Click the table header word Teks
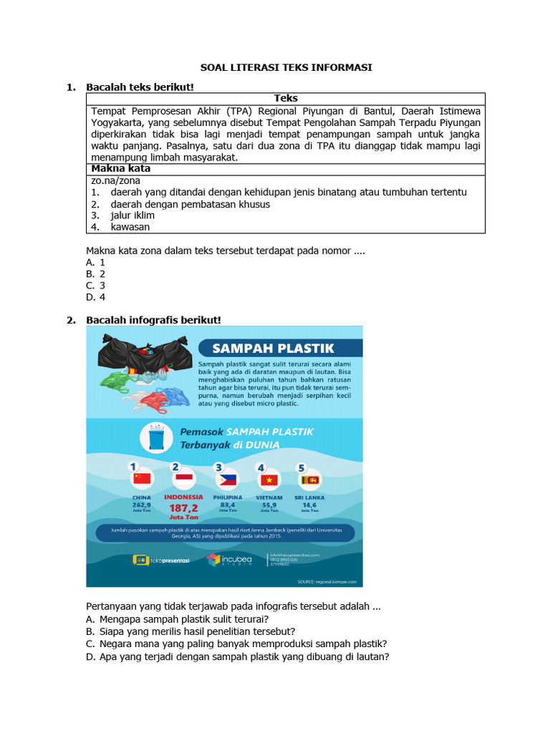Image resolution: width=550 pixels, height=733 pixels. (x=286, y=99)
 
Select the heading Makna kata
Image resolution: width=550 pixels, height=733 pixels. (x=120, y=169)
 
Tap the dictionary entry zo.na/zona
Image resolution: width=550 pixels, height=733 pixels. (x=115, y=180)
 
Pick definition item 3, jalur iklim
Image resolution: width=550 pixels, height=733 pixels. (x=132, y=215)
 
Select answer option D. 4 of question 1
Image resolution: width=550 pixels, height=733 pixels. (x=96, y=297)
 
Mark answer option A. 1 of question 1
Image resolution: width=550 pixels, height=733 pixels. (x=96, y=263)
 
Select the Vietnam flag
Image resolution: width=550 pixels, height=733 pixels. (x=269, y=479)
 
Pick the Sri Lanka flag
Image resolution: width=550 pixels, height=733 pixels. (x=309, y=479)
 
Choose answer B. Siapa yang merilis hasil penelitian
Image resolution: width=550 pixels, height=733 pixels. (x=190, y=631)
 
